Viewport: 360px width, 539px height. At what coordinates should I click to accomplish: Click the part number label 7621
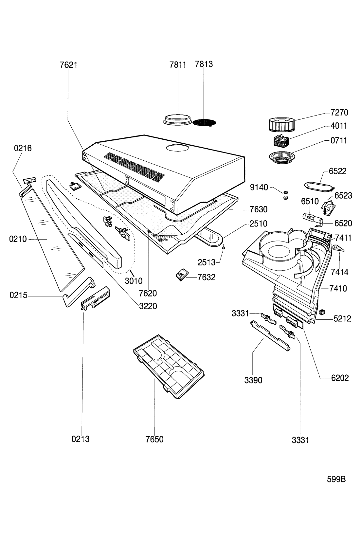(x=68, y=65)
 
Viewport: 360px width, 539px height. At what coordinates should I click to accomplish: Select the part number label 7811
(x=178, y=65)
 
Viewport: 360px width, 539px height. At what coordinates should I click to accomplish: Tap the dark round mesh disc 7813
(x=204, y=123)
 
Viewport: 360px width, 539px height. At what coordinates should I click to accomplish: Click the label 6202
(x=340, y=378)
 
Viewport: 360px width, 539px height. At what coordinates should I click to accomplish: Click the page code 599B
(x=336, y=479)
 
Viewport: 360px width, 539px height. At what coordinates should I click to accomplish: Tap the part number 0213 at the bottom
(x=81, y=439)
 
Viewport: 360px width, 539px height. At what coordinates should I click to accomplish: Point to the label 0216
(x=23, y=148)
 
